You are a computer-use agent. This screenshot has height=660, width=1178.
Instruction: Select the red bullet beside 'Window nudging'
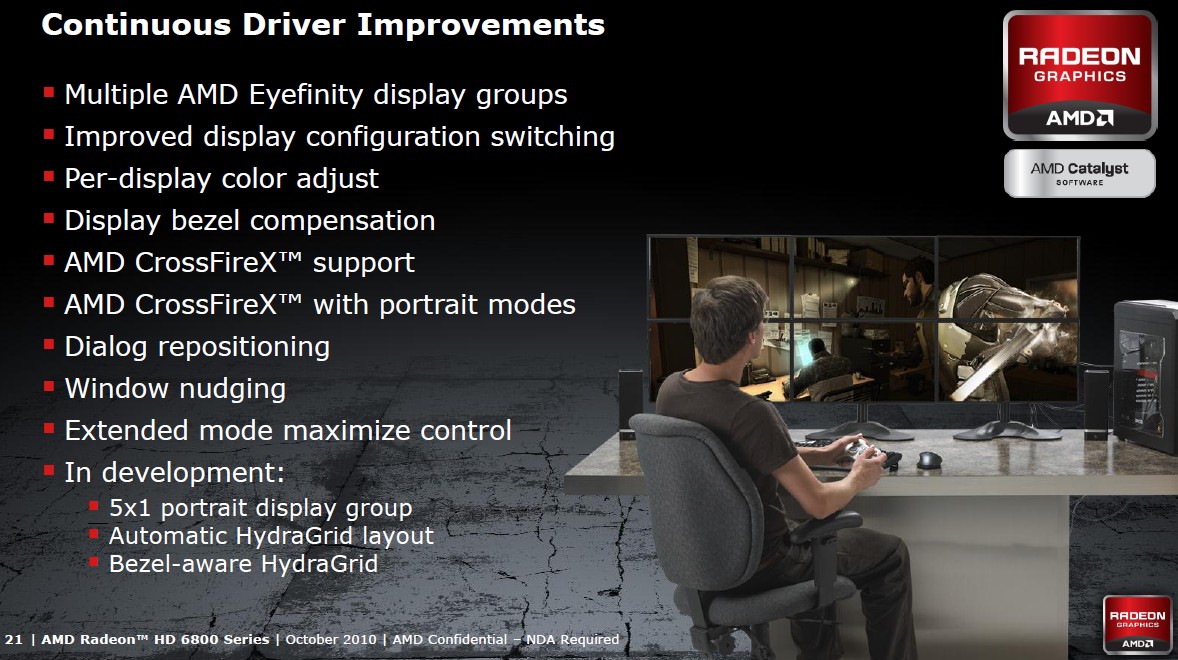[49, 387]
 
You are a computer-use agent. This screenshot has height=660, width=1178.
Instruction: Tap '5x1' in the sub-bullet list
[130, 508]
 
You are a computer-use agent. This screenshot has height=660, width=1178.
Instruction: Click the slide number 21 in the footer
[14, 640]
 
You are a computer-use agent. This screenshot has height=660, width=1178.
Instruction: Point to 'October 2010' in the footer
[331, 640]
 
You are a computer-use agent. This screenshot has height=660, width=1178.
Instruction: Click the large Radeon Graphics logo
[1080, 75]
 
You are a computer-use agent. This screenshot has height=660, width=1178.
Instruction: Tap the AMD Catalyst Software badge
[1080, 173]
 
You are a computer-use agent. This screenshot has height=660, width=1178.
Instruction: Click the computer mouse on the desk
[929, 459]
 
